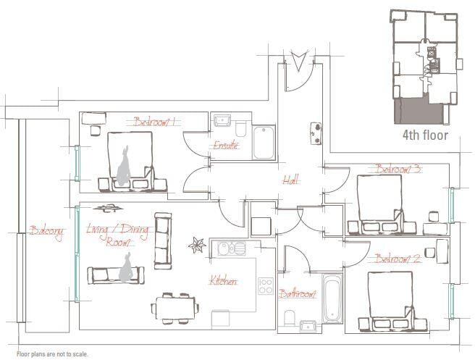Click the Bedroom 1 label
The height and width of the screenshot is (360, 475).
tap(154, 122)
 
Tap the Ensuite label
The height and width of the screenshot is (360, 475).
tap(226, 145)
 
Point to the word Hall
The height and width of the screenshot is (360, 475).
tap(290, 180)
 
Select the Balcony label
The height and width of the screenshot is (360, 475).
tap(46, 232)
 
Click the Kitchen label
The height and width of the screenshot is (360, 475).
tap(224, 281)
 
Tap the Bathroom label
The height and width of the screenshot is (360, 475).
tap(298, 293)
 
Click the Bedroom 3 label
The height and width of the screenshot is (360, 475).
tap(398, 169)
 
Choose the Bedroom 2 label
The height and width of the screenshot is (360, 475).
tap(398, 259)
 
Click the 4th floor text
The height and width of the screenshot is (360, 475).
tap(425, 135)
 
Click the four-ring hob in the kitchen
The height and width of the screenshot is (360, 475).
tap(265, 286)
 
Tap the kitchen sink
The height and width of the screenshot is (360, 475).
tap(232, 248)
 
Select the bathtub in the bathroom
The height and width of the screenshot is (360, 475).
tap(332, 298)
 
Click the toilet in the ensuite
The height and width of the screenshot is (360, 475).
tap(241, 130)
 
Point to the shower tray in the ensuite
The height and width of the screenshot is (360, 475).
tap(264, 143)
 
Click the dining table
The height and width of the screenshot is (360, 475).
tap(175, 308)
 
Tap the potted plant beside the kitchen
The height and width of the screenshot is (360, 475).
tap(197, 245)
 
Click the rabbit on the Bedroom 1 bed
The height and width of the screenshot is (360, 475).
tap(124, 166)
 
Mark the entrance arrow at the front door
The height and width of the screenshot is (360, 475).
tap(299, 61)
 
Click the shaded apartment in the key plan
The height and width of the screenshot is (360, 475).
tap(418, 111)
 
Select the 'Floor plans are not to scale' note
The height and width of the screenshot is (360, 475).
tap(53, 354)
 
